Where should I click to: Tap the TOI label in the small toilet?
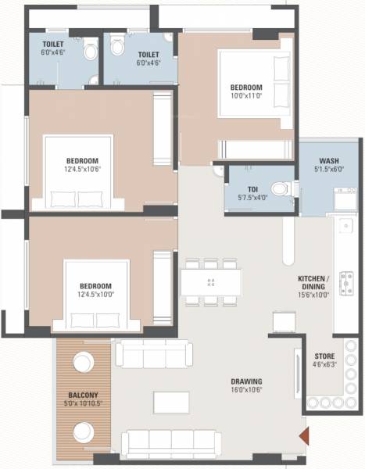click(x=252, y=188)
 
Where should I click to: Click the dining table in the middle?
click(x=211, y=281)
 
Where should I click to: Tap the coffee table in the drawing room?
click(x=171, y=402)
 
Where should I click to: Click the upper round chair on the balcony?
click(x=83, y=362)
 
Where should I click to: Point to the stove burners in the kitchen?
click(x=347, y=281)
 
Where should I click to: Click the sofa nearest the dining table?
click(x=153, y=353)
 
